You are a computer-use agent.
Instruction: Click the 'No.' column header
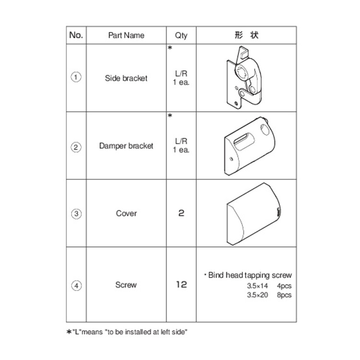coord(76,35)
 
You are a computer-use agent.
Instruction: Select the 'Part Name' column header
coord(126,36)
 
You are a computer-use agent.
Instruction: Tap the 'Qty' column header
coord(181,36)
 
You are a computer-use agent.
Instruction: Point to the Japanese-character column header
coord(246,35)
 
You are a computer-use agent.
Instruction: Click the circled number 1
coord(76,77)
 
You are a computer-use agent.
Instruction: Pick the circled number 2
coord(76,147)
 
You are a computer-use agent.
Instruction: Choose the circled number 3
coord(76,214)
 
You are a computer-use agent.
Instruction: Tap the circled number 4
coord(76,286)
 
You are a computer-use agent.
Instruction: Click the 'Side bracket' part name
coord(126,78)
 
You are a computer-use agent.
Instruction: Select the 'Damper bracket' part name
coord(126,146)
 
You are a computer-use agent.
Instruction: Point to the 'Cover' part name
coord(126,213)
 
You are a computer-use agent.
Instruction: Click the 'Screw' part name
coord(126,285)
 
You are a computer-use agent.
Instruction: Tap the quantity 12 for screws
coord(181,285)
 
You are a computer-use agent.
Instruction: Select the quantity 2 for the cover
coord(181,213)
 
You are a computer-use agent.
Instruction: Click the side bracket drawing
coord(244,78)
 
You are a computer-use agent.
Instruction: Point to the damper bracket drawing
coord(249,146)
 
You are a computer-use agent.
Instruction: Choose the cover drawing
coord(253,214)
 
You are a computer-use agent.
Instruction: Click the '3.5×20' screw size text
coord(257,295)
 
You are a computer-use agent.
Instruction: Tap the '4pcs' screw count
coord(284,286)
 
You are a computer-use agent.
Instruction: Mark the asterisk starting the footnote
coord(69,332)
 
